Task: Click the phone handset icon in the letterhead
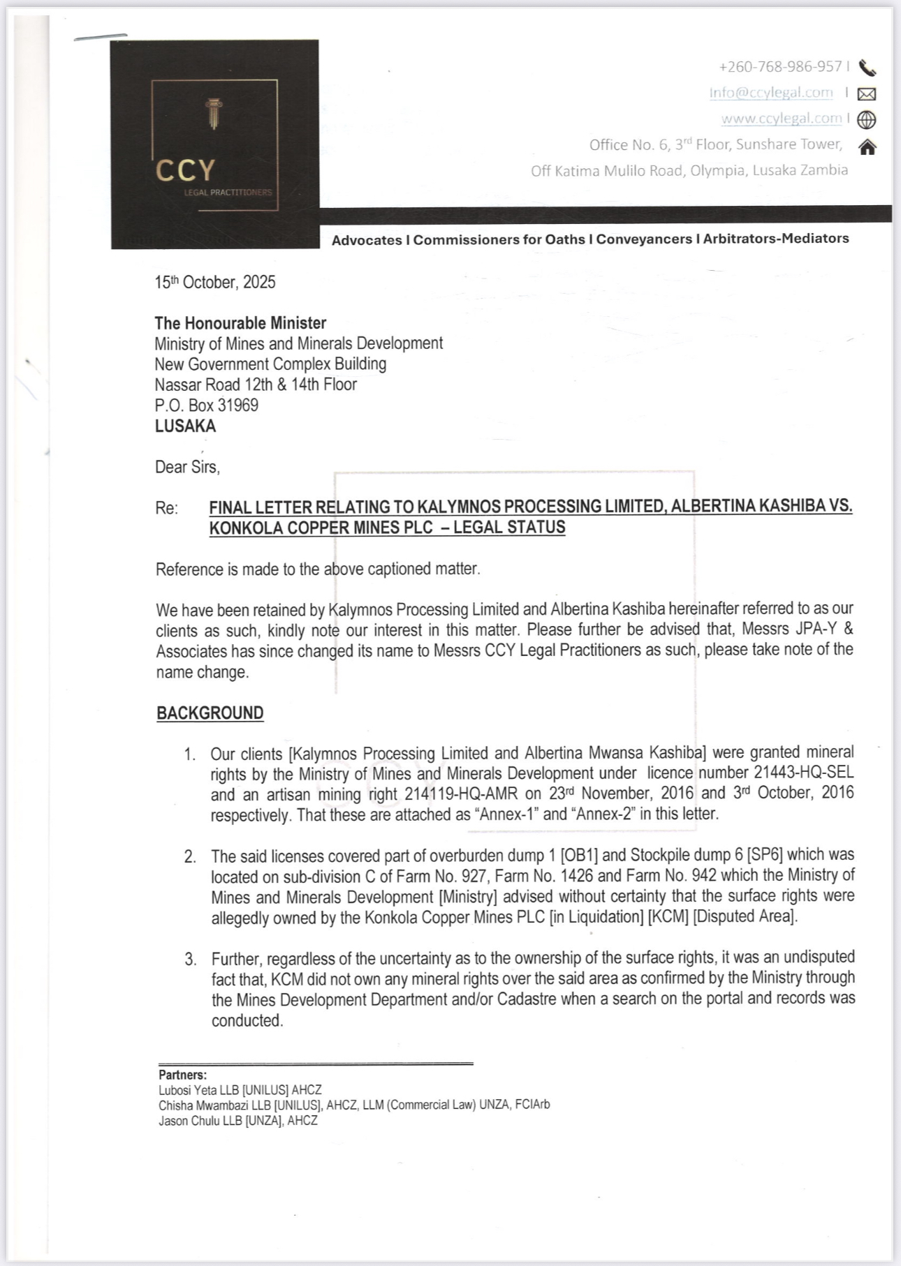point(867,68)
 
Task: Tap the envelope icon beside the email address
point(867,94)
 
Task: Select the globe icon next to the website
point(867,120)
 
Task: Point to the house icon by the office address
point(867,147)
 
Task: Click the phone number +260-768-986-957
point(780,67)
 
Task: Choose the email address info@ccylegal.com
point(771,93)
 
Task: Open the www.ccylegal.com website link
point(782,119)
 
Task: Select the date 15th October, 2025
point(215,283)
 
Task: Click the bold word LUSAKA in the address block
point(185,426)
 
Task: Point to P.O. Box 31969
point(207,405)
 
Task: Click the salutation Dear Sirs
point(187,467)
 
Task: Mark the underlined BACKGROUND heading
point(210,713)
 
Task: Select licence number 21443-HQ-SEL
point(803,773)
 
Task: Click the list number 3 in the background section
point(191,959)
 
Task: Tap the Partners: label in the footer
point(182,1075)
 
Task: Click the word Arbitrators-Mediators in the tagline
point(776,239)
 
